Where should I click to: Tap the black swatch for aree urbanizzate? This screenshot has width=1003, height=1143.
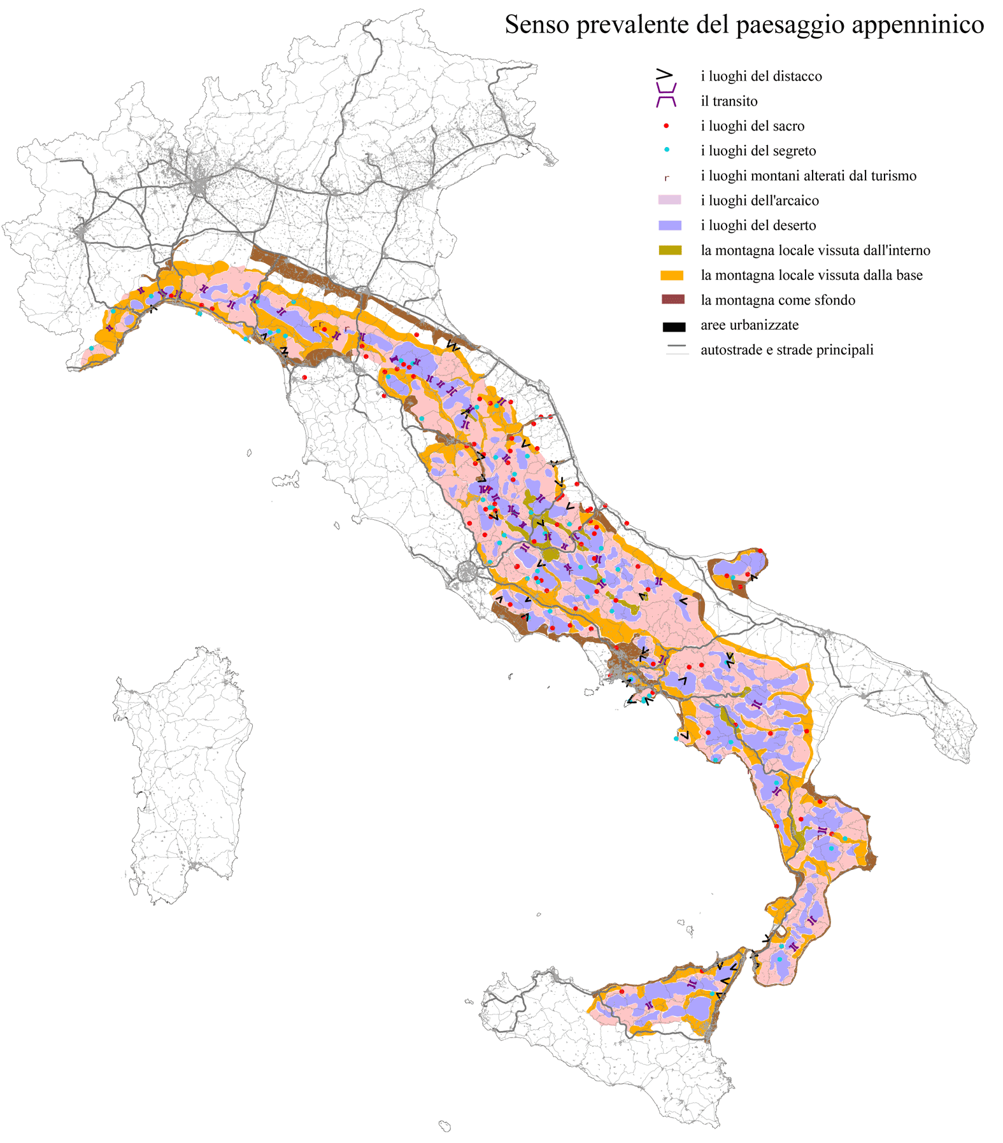point(673,327)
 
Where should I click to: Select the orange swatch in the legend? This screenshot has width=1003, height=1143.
point(671,276)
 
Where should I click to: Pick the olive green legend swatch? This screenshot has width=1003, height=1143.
point(670,251)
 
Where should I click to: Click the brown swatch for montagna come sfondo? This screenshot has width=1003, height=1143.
point(672,300)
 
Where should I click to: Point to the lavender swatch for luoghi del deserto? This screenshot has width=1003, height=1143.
point(670,225)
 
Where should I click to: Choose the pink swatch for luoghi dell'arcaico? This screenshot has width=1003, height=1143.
point(669,200)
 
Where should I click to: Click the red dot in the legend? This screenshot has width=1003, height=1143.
point(666,126)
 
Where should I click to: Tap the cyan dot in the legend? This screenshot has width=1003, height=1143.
point(667,150)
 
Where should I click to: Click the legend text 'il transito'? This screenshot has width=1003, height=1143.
point(729,101)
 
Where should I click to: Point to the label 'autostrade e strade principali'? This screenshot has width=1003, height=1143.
point(786,350)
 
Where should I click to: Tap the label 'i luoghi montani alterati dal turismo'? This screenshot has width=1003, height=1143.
point(808,176)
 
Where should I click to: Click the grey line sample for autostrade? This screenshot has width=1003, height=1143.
point(677,347)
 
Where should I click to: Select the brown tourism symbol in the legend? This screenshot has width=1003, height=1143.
point(666,178)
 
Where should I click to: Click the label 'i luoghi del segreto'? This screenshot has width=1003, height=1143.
point(758,151)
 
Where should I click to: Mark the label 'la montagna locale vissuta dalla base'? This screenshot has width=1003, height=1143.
point(811,275)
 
